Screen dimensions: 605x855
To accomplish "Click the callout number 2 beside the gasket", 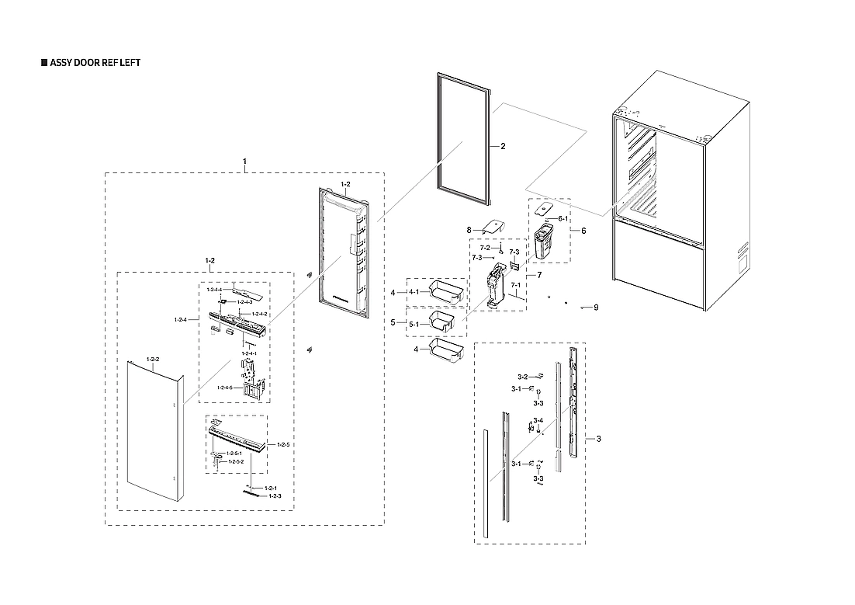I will [x=503, y=146].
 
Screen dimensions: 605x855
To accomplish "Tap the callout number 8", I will [x=469, y=230].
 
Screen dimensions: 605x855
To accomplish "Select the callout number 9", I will [x=596, y=308].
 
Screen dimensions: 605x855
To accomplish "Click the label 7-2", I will [x=485, y=247].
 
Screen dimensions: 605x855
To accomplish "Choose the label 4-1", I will [x=414, y=292].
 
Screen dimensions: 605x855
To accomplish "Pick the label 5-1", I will [x=414, y=323].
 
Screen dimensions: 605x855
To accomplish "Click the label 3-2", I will [x=524, y=376].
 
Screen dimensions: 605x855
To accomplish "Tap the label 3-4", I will [x=538, y=420].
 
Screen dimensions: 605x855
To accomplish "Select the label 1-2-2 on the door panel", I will [x=152, y=360].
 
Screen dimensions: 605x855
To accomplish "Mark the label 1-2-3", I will [x=275, y=495].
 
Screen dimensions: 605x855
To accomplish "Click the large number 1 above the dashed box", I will [x=244, y=162].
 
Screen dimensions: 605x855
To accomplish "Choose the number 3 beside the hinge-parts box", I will [x=598, y=439].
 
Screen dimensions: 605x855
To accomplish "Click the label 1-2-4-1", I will [x=249, y=354].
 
